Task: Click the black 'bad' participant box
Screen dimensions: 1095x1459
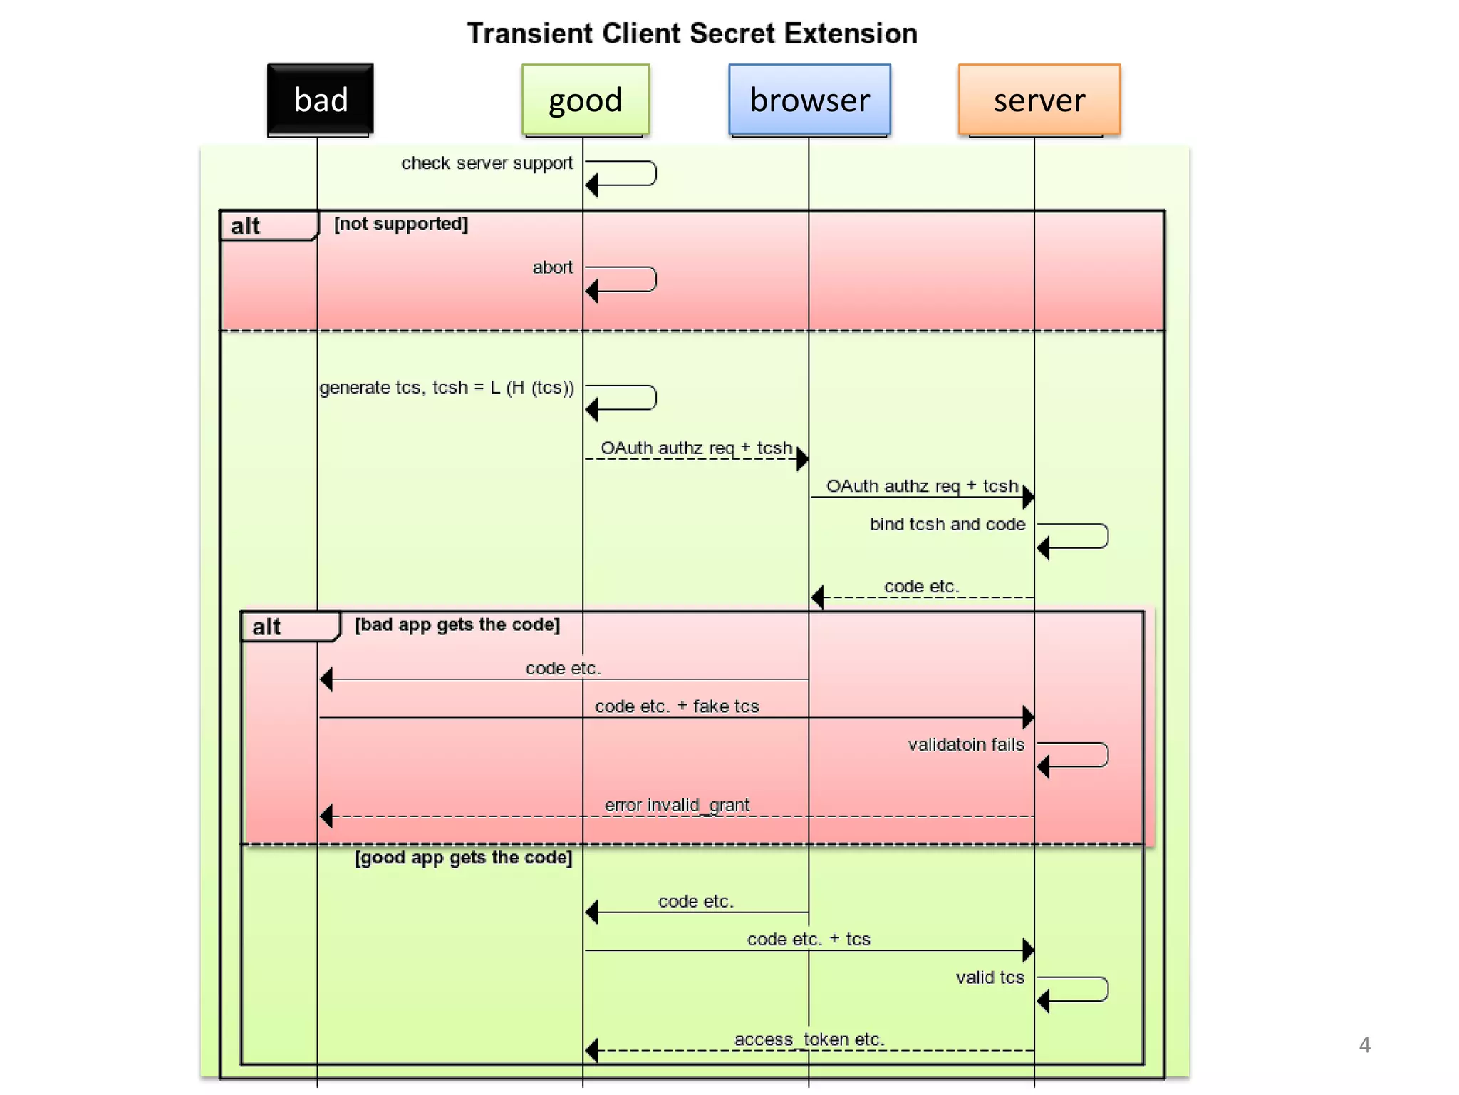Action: [320, 100]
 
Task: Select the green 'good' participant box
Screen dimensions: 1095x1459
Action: [585, 100]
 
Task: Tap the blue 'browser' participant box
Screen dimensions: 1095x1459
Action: [809, 100]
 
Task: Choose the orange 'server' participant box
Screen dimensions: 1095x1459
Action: [1039, 100]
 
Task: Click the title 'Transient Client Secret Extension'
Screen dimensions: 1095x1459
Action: [692, 34]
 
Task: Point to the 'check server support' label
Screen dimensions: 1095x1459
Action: [487, 163]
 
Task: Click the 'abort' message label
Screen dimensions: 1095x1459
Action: [552, 267]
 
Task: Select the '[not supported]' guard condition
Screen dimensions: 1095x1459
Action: [401, 224]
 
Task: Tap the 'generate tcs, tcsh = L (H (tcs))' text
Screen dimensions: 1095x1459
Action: [447, 387]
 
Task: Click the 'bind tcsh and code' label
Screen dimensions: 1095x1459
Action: [947, 524]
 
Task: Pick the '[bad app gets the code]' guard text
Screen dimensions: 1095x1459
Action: [457, 624]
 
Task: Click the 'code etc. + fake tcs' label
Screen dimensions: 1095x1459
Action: [677, 706]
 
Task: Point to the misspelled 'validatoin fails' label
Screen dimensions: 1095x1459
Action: [965, 744]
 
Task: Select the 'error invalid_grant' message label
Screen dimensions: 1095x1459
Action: [677, 805]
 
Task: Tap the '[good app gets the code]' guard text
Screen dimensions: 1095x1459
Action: [463, 858]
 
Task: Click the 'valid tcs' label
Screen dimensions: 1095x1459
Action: [990, 977]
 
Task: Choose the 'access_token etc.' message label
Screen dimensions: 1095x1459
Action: [809, 1039]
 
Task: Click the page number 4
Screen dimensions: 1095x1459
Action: [1364, 1045]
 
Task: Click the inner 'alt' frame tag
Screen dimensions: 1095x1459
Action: [266, 627]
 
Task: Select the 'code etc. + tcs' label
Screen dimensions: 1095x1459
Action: [809, 940]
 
